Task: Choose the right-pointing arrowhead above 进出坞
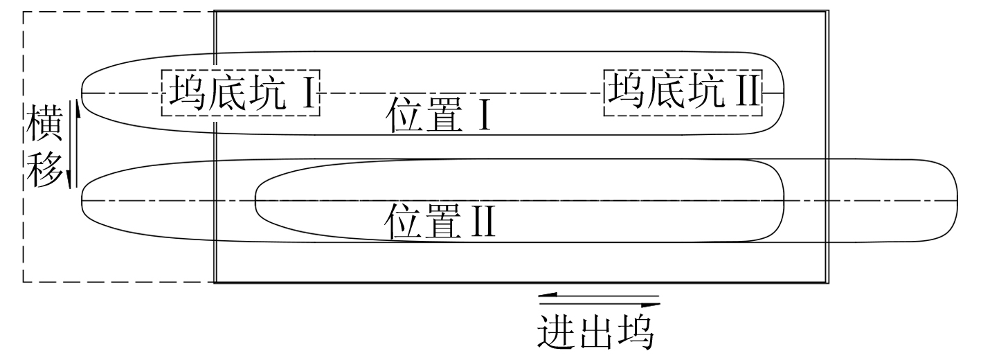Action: [x=651, y=304]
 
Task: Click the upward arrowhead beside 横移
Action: [x=77, y=111]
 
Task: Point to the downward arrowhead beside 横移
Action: [x=70, y=180]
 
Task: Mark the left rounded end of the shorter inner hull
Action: [x=257, y=201]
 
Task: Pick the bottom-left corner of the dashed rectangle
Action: [x=24, y=282]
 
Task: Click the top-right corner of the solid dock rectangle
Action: [x=827, y=12]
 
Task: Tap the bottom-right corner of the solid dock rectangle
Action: [x=827, y=282]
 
